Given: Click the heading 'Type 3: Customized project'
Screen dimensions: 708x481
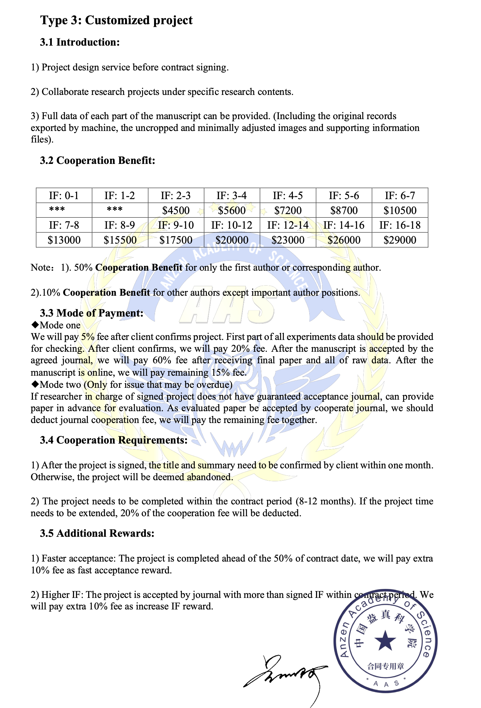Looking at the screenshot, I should click(116, 20).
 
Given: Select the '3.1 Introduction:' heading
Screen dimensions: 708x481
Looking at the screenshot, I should click(80, 42).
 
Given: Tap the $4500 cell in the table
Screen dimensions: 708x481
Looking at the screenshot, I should click(176, 210).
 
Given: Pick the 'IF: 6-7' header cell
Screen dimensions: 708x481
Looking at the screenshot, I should click(400, 195).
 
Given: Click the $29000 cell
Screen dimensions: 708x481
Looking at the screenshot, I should click(400, 240).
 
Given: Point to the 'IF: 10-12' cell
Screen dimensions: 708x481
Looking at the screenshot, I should click(231, 225).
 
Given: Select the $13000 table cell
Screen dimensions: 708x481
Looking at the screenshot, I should click(64, 240).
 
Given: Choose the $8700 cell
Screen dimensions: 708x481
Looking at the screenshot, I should click(344, 210).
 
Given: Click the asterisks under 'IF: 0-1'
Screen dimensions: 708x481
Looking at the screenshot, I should click(57, 210).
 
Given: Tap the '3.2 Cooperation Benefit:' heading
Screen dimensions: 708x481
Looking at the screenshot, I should click(97, 160).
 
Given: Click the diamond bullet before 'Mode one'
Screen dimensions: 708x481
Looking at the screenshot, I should click(35, 324).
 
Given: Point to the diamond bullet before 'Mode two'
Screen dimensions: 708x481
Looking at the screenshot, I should click(35, 384).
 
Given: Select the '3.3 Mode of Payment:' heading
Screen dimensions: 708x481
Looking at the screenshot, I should click(92, 313).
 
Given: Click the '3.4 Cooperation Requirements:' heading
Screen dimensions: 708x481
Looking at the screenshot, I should click(113, 440).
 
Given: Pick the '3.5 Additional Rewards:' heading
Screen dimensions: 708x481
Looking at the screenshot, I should click(97, 533).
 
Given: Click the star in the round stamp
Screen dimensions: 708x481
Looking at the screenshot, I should click(385, 641).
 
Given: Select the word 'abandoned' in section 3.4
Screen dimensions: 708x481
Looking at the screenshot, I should click(210, 477).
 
